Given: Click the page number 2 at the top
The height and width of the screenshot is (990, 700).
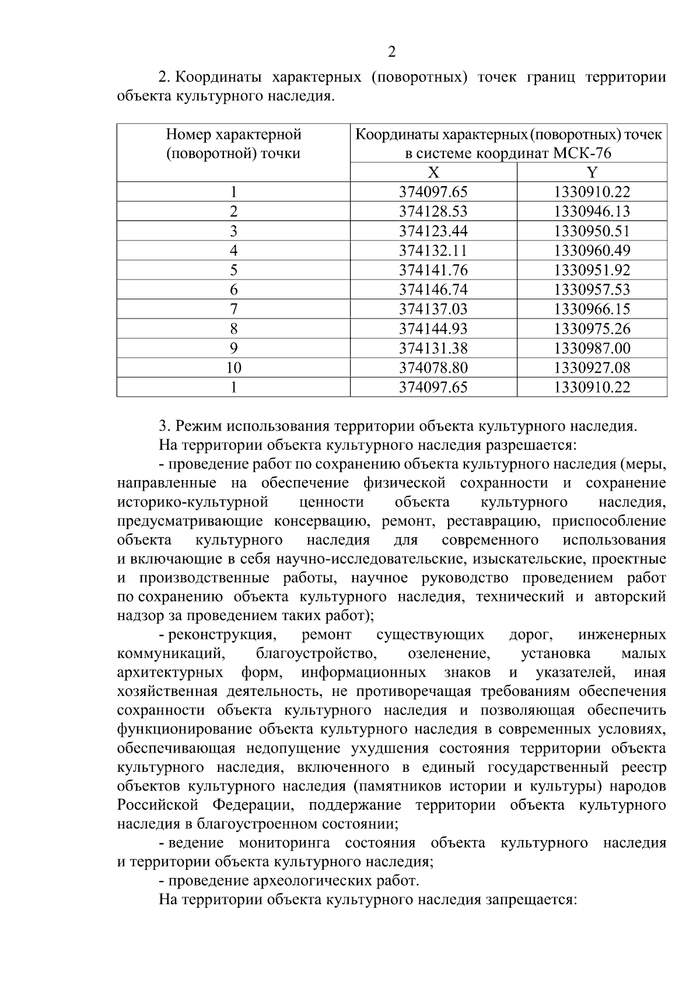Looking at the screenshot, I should [x=391, y=53].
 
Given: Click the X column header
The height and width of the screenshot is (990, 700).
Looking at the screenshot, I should [x=433, y=172].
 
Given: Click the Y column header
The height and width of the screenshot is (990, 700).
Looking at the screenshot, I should [x=592, y=172].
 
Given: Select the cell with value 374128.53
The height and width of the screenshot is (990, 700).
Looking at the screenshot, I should [x=433, y=211].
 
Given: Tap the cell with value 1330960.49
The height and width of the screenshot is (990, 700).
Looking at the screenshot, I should [x=592, y=250].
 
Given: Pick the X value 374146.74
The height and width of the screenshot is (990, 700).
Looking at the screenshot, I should [x=433, y=289].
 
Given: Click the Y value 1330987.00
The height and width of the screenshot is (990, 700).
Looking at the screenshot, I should [x=592, y=348].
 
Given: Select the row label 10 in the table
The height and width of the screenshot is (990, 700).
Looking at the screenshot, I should [x=233, y=368].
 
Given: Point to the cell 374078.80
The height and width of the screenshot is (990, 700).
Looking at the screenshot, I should [x=433, y=368].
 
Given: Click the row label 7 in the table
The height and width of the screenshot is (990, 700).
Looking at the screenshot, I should [x=233, y=309].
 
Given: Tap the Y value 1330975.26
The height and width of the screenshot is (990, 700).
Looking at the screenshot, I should [x=592, y=328].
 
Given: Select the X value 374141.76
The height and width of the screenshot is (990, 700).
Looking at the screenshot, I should [x=433, y=270].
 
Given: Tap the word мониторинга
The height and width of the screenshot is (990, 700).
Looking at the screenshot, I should [x=285, y=843].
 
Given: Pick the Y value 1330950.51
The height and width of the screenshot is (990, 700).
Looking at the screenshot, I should [x=592, y=231].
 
